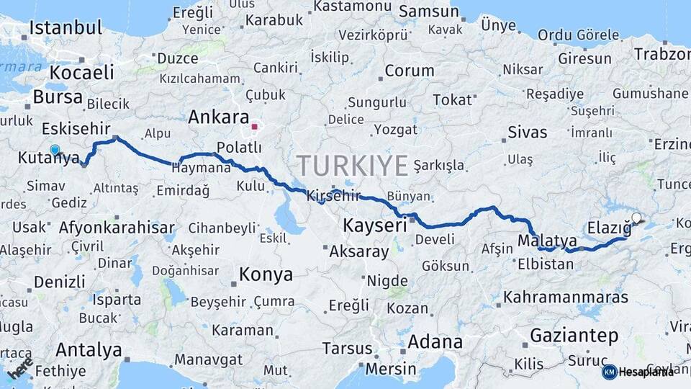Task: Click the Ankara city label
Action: tap(218, 117)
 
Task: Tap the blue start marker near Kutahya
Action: tap(55, 150)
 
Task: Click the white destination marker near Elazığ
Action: tap(636, 217)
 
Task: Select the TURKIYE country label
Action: tap(353, 166)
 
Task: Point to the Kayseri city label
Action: tap(374, 225)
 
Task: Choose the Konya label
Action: tap(266, 274)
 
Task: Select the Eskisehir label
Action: tap(76, 128)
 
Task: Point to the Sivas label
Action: tap(528, 133)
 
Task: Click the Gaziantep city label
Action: tap(574, 335)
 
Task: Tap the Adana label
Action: tap(435, 341)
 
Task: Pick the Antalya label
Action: tap(89, 350)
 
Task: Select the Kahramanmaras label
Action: tap(566, 297)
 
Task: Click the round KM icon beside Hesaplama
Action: tap(609, 372)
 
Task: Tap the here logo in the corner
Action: tap(21, 368)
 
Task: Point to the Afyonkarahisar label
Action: tap(116, 228)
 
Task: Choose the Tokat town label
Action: tap(452, 99)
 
